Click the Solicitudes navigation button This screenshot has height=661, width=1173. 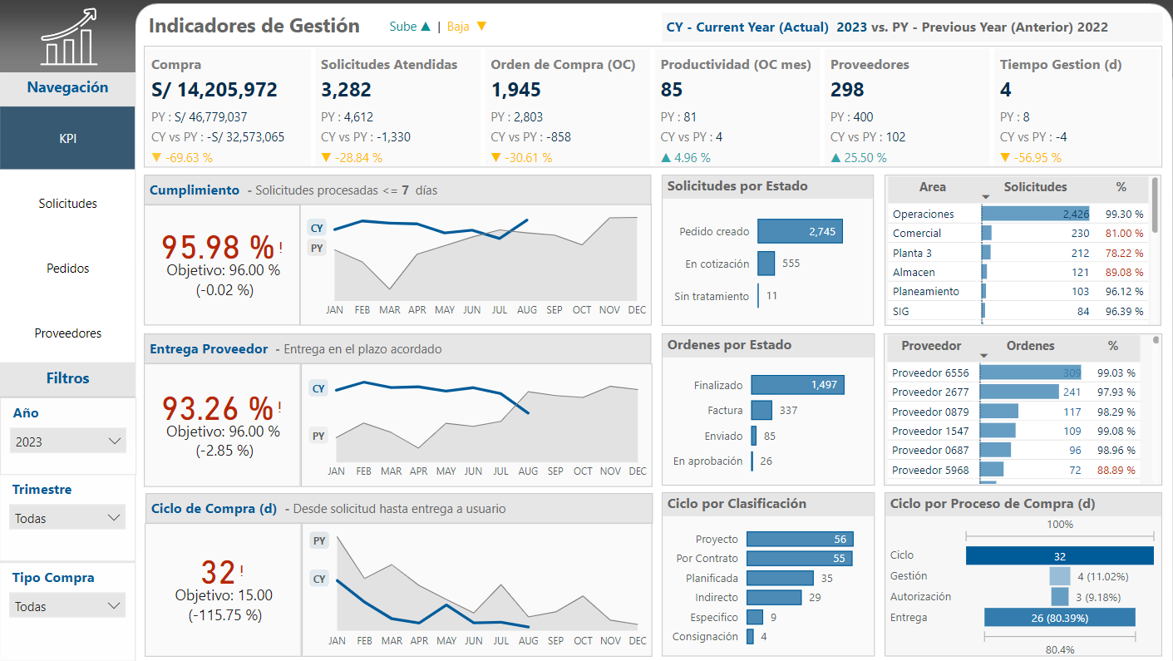[67, 204]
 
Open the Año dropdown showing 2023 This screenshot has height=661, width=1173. [68, 441]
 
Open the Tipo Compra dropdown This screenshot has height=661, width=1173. [68, 606]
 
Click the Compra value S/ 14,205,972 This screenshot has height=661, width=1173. [214, 90]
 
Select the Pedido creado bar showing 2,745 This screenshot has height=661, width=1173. [800, 232]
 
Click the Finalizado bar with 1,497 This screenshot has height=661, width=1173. [797, 384]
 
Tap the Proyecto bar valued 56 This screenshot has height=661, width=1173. [799, 540]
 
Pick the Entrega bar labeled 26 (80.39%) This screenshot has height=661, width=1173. [1059, 618]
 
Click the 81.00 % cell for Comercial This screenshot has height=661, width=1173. [1124, 234]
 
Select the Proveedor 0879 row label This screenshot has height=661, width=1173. [930, 412]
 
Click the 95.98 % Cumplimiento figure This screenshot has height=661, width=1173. [218, 247]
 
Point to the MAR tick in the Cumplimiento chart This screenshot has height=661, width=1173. [390, 310]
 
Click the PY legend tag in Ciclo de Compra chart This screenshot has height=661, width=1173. [319, 541]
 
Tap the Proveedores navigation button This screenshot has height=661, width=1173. [67, 333]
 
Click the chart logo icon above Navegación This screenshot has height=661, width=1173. [67, 37]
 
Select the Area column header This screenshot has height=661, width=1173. [932, 188]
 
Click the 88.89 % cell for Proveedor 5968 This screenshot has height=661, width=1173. [1116, 471]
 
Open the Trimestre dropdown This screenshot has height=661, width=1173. [68, 518]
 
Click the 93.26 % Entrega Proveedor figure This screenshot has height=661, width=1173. [218, 408]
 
